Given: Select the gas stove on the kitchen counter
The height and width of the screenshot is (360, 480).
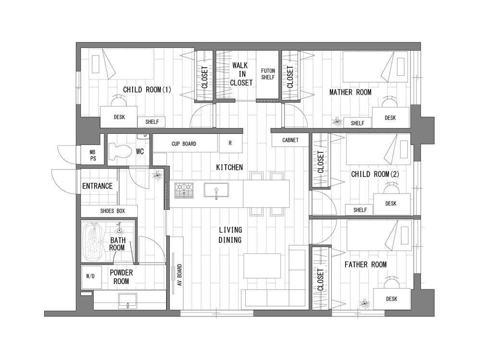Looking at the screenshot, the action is click(184, 191).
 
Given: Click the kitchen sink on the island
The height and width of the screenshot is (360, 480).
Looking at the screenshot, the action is click(216, 190).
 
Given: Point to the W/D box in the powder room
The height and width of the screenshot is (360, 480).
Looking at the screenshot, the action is click(91, 277).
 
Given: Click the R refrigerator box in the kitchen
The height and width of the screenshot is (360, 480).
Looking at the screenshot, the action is click(230, 143).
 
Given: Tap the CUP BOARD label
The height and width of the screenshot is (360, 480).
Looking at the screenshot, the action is click(184, 144).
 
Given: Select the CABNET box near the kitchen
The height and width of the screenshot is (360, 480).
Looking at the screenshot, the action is click(290, 140).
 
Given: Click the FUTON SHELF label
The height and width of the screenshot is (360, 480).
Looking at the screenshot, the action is click(268, 74).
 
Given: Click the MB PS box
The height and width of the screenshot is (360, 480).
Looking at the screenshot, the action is click(93, 155).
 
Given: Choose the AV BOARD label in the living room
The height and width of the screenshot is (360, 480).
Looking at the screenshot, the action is click(180, 275).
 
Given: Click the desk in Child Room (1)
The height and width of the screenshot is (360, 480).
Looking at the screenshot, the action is click(119, 117).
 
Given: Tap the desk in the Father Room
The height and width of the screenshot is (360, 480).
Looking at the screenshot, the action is click(392, 299).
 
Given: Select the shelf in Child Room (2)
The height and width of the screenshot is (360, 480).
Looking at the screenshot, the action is click(360, 210).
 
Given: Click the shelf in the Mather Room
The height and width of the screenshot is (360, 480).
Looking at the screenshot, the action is click(357, 123).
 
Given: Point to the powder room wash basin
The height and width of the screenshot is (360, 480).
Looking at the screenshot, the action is click(128, 301).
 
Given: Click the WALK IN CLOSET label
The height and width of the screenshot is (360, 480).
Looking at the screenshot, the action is click(241, 74).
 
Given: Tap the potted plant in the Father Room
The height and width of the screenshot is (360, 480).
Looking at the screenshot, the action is click(365, 303).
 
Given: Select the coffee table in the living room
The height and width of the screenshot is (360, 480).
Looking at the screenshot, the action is click(262, 266).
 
